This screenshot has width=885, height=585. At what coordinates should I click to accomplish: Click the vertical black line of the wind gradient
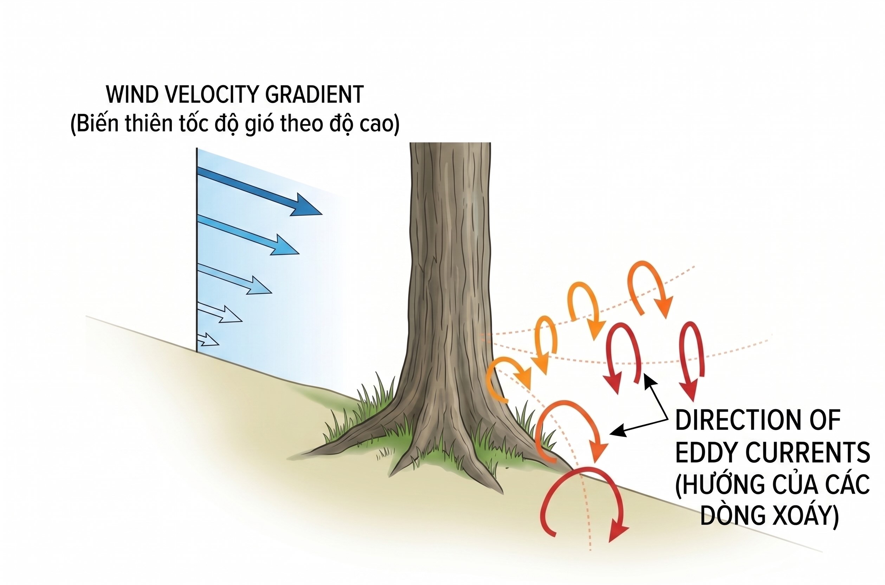[x=196, y=250]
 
